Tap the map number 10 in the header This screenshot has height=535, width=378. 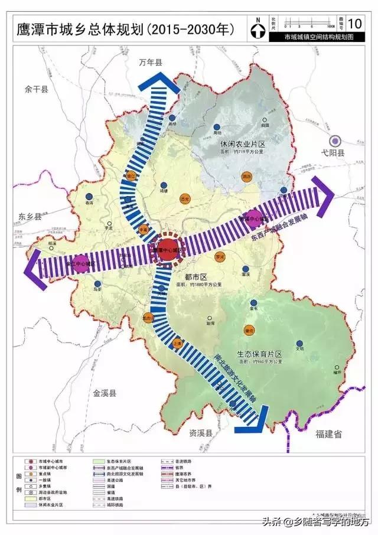355,24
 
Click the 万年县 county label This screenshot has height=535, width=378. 150,63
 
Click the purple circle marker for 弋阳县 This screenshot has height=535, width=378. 335,141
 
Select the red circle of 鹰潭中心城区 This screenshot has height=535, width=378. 168,249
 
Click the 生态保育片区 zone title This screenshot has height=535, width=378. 260,354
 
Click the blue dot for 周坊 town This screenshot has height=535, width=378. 217,126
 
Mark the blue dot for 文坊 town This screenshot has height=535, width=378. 299,342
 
